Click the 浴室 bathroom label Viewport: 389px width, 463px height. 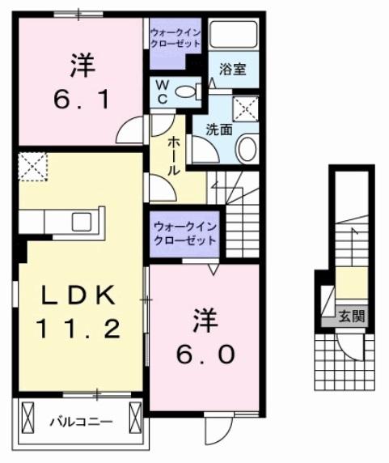[x=233, y=70]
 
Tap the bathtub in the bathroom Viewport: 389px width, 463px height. [x=235, y=36]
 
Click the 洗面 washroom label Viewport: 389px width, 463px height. [x=218, y=128]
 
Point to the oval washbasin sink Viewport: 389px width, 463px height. [x=248, y=149]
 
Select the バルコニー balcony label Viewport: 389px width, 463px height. [x=79, y=421]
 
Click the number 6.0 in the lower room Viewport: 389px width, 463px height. [x=203, y=354]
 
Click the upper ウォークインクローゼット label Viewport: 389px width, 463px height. [x=174, y=37]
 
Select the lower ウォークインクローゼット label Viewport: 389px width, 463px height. [x=184, y=232]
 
